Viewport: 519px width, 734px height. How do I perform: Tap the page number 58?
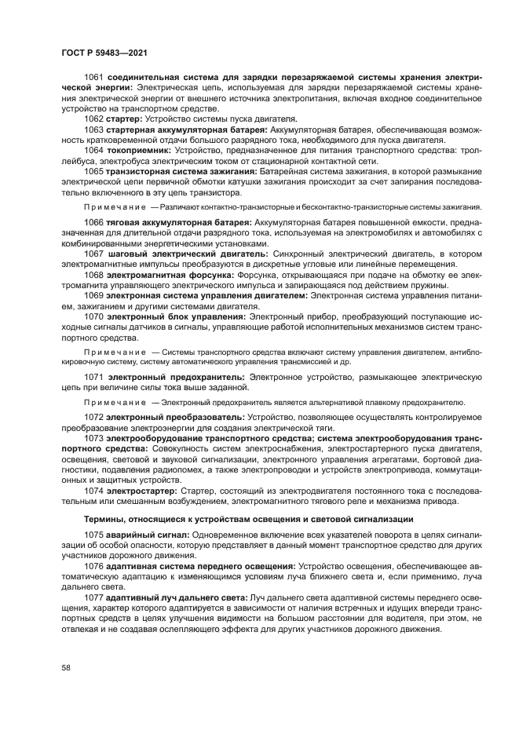66,666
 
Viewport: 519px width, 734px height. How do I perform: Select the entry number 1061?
94,80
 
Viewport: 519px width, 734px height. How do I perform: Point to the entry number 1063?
94,129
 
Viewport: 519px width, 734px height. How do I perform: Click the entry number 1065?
94,171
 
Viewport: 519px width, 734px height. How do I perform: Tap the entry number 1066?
94,223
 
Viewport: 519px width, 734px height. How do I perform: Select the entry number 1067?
94,254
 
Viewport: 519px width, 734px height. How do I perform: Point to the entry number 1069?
94,297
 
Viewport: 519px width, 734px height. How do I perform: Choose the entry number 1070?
94,317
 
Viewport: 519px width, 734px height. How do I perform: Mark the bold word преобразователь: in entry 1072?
205,417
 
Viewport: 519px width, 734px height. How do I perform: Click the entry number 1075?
94,534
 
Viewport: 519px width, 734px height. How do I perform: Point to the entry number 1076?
94,565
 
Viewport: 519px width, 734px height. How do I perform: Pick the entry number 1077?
94,597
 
